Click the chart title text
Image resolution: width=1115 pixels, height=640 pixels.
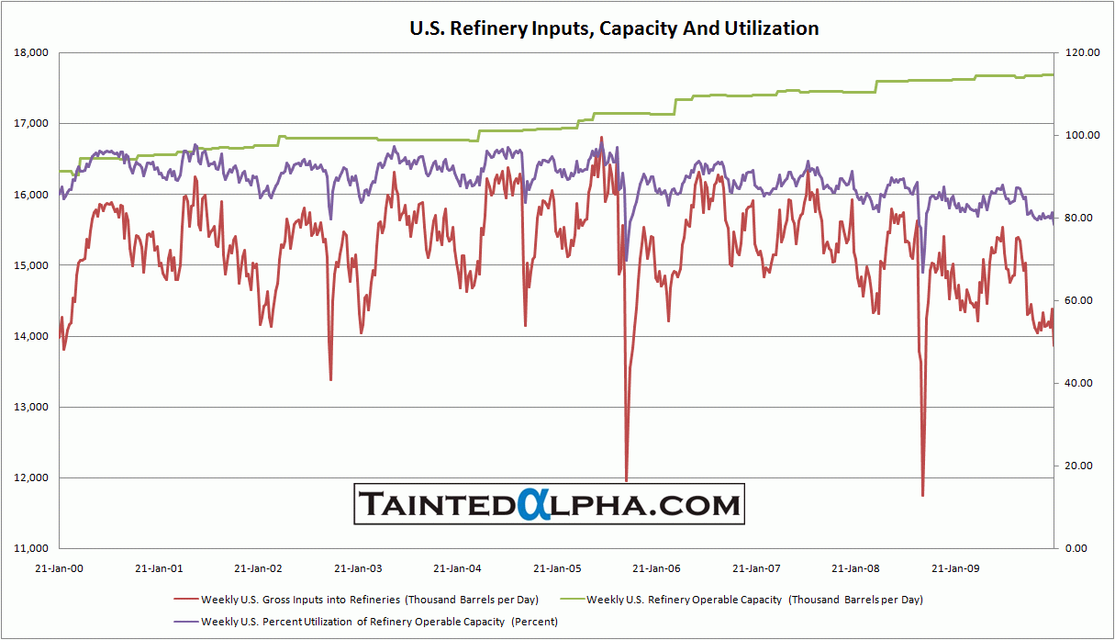(x=613, y=28)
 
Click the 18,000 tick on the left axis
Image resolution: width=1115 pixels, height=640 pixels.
(x=31, y=53)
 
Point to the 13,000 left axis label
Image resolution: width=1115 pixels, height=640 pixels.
(x=31, y=408)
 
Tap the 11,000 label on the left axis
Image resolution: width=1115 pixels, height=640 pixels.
(x=31, y=549)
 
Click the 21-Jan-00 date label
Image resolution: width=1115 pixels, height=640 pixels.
(x=59, y=567)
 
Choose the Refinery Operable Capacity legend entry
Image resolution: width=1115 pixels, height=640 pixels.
(x=754, y=600)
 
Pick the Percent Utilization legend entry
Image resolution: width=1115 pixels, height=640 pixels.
(x=379, y=622)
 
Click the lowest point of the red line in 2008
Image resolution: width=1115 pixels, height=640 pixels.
(x=922, y=496)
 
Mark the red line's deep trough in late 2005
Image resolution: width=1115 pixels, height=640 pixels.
(x=627, y=480)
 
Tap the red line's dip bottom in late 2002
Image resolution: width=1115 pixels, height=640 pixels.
(x=330, y=379)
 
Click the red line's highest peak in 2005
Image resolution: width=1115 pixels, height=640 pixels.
(x=602, y=138)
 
